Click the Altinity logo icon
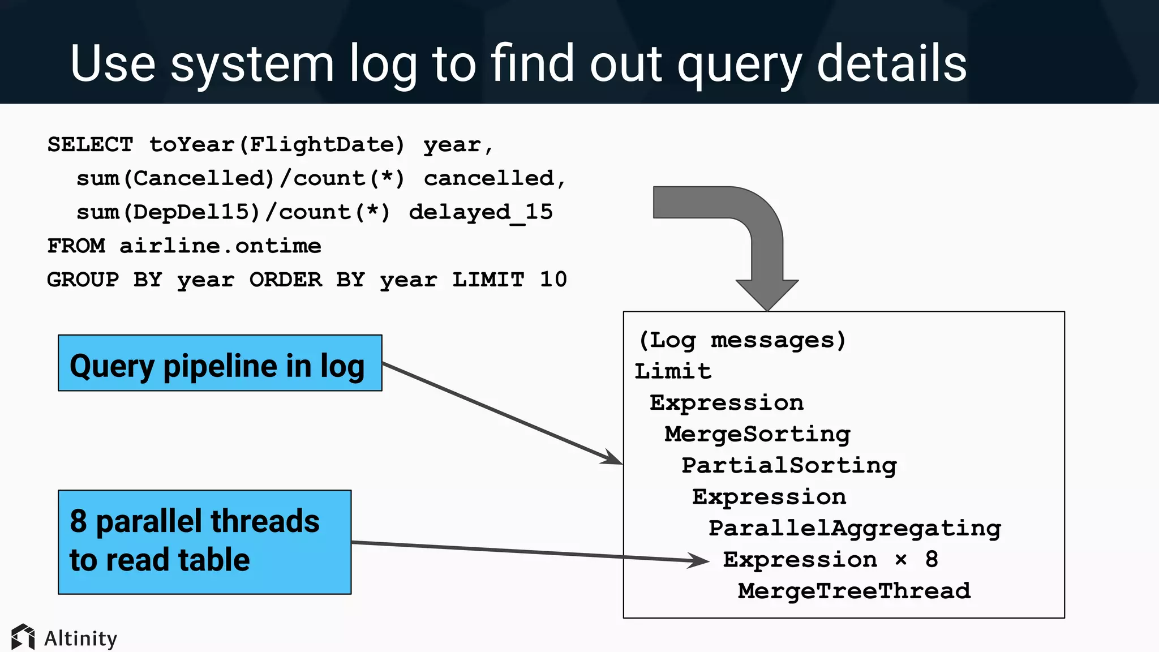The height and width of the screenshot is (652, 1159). coord(23,637)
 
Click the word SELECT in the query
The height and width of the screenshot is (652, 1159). coord(90,145)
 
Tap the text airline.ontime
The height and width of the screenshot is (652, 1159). coord(220,246)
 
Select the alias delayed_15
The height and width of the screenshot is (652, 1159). coord(480,212)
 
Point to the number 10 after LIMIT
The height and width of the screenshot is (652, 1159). coord(553,280)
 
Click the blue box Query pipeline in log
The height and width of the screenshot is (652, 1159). coord(220,363)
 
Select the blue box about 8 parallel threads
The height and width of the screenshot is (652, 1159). coord(204,542)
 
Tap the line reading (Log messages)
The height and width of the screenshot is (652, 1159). coord(741,340)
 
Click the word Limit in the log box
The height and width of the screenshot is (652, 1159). coord(672,372)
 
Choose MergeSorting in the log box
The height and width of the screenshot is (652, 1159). coord(757,434)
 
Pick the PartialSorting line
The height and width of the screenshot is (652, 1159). coord(789,466)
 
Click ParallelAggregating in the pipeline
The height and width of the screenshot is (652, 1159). coord(855,529)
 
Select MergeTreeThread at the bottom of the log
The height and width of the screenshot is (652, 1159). coord(854,591)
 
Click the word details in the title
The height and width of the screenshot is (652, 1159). coord(891,63)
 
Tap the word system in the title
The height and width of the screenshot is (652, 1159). coord(252,63)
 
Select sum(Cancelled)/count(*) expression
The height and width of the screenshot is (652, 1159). coord(241,179)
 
